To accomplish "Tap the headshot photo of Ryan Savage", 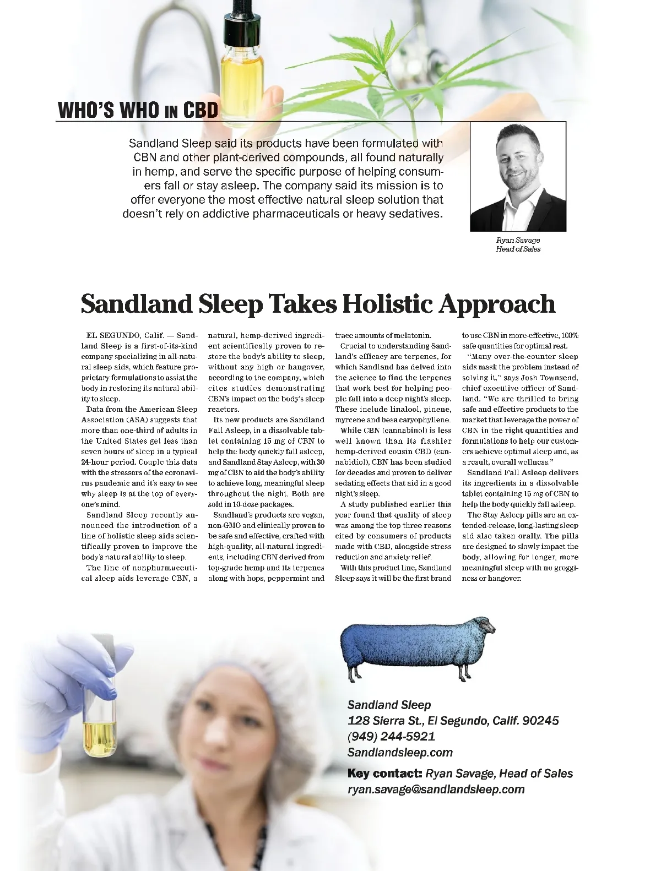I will [x=518, y=177].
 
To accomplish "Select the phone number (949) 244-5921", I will [x=391, y=737].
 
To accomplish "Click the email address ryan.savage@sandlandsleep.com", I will [x=436, y=790].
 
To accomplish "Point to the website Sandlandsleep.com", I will [x=400, y=753].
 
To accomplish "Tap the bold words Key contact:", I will [x=384, y=774].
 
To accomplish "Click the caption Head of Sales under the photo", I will [x=518, y=249].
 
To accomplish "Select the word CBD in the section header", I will [x=201, y=110].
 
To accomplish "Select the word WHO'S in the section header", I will [x=86, y=110].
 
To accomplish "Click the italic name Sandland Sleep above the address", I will [x=389, y=705].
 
